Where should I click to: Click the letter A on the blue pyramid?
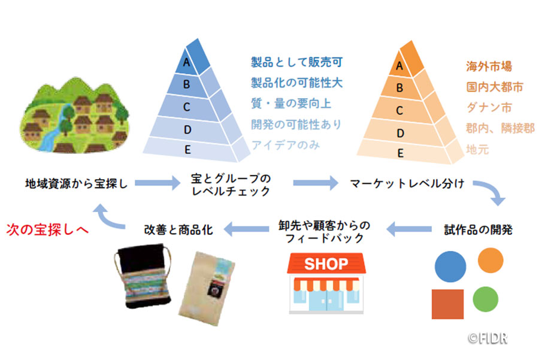tap(187, 62)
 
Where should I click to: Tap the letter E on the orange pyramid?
tap(400, 153)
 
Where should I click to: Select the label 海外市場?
tap(489, 66)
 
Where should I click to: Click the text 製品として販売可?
tap(296, 62)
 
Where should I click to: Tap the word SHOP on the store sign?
tap(326, 264)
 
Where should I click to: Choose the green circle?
tap(486, 298)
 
